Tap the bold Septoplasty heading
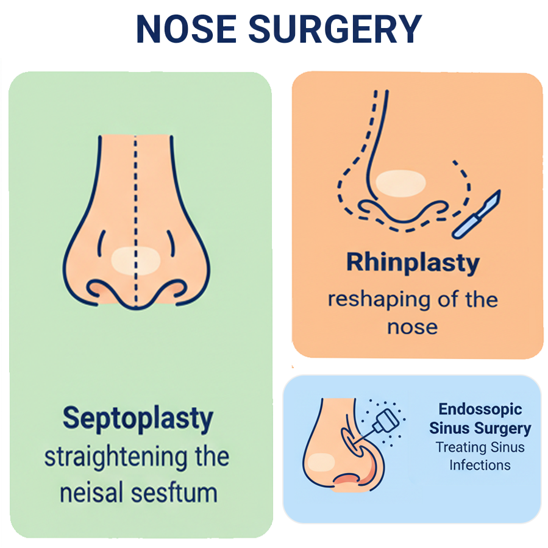[x=138, y=419]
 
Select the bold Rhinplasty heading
[x=413, y=262]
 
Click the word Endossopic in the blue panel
[x=480, y=409]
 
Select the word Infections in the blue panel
[x=480, y=465]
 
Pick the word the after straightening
[x=208, y=457]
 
